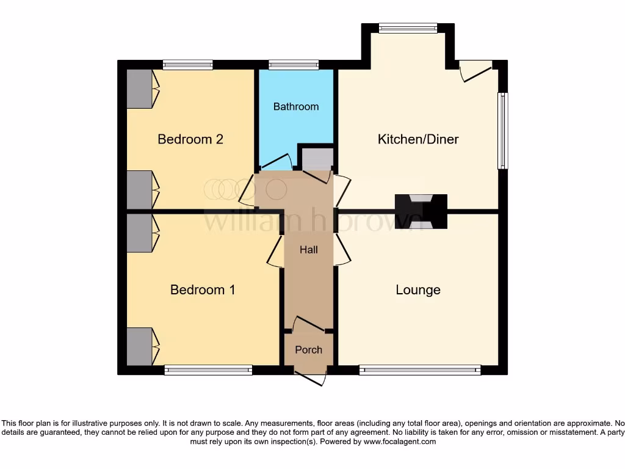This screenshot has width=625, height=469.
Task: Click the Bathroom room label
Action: [296, 106]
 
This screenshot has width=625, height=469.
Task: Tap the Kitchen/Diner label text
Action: [418, 139]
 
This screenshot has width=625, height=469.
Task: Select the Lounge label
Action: [418, 289]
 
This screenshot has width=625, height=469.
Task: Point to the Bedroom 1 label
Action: [203, 289]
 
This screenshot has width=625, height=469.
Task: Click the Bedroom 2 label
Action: [190, 139]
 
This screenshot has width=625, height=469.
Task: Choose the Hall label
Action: [308, 249]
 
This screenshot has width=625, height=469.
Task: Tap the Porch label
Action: [308, 350]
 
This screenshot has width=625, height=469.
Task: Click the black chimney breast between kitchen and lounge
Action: [421, 211]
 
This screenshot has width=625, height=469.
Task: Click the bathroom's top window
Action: [294, 64]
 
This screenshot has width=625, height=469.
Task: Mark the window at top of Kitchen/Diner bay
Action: [408, 27]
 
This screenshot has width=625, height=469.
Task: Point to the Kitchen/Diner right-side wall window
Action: [502, 130]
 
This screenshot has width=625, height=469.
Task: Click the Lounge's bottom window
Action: [420, 370]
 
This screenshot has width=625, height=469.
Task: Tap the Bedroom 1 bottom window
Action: [208, 370]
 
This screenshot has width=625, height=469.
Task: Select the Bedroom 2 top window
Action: [188, 64]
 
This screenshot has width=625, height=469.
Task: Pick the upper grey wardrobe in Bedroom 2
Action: [139, 89]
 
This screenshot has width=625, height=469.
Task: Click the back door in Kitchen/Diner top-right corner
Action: [476, 70]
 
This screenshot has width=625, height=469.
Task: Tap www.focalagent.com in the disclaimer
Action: [400, 442]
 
